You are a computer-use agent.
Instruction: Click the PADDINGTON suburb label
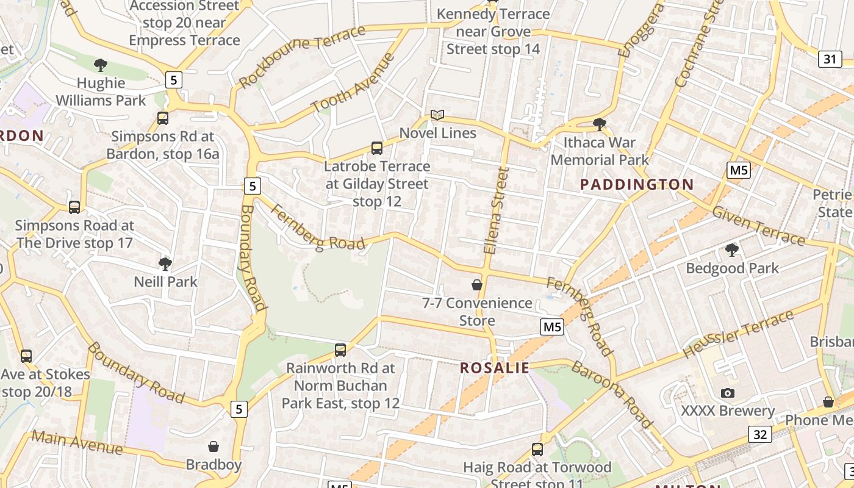pyautogui.click(x=637, y=184)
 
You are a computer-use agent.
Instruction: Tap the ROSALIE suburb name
pyautogui.click(x=495, y=368)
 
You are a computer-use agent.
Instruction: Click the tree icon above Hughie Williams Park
pyautogui.click(x=101, y=65)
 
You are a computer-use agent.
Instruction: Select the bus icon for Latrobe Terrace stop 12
pyautogui.click(x=377, y=148)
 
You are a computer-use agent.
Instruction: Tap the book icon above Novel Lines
pyautogui.click(x=437, y=115)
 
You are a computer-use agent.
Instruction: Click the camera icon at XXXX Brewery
pyautogui.click(x=727, y=393)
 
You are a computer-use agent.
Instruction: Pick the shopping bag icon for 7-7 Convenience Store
pyautogui.click(x=477, y=285)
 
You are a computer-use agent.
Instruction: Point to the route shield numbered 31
pyautogui.click(x=830, y=59)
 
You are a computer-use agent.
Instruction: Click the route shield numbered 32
pyautogui.click(x=759, y=434)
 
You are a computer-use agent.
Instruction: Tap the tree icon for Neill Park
pyautogui.click(x=165, y=264)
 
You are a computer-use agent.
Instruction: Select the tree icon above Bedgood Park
pyautogui.click(x=732, y=249)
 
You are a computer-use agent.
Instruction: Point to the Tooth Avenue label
pyautogui.click(x=353, y=84)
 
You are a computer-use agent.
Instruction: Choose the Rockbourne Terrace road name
pyautogui.click(x=301, y=57)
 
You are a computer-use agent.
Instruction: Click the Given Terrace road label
pyautogui.click(x=758, y=226)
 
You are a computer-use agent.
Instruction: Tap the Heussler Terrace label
pyautogui.click(x=738, y=334)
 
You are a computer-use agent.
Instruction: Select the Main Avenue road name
pyautogui.click(x=77, y=443)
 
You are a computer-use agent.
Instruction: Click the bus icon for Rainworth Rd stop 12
pyautogui.click(x=340, y=350)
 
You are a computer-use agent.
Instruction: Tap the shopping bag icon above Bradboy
pyautogui.click(x=213, y=447)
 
